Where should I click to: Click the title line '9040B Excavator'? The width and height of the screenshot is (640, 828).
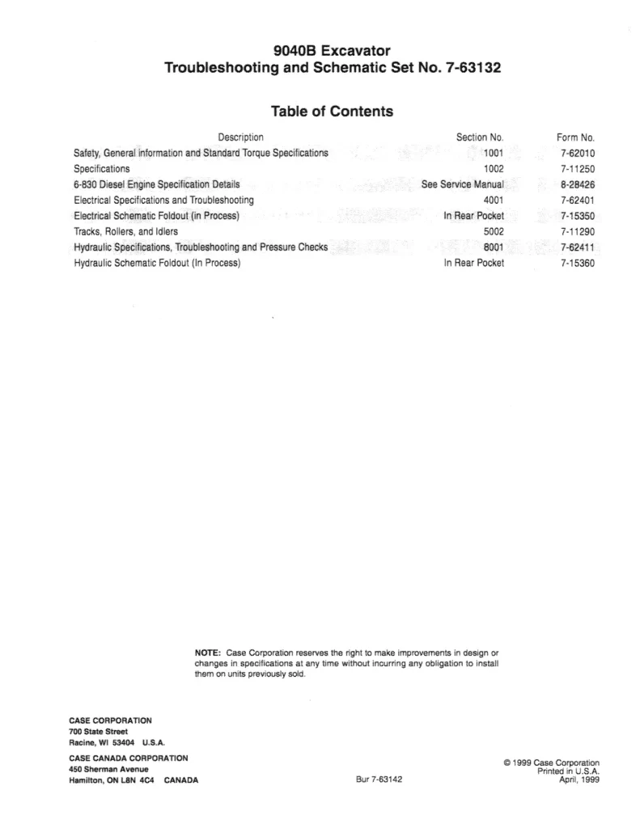[333, 52]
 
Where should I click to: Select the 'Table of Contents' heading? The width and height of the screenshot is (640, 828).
[333, 112]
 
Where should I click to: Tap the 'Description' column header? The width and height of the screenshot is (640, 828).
[240, 137]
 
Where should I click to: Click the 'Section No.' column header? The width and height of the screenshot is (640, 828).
[480, 137]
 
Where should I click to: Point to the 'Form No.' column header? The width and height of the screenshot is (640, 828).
[575, 137]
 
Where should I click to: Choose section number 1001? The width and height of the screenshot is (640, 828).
[494, 153]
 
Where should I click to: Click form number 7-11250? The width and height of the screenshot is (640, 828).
[577, 169]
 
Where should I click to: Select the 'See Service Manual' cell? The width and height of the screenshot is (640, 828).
[463, 184]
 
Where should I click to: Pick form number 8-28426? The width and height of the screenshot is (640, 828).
[577, 184]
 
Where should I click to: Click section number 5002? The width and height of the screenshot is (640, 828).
[494, 232]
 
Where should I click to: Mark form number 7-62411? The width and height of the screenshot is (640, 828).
[577, 247]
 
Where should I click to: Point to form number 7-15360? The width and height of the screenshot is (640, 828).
[577, 264]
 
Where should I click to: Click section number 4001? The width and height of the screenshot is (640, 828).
[494, 201]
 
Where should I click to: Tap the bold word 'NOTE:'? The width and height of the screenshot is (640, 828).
[209, 653]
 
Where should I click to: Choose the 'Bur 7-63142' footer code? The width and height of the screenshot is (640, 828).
[379, 780]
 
